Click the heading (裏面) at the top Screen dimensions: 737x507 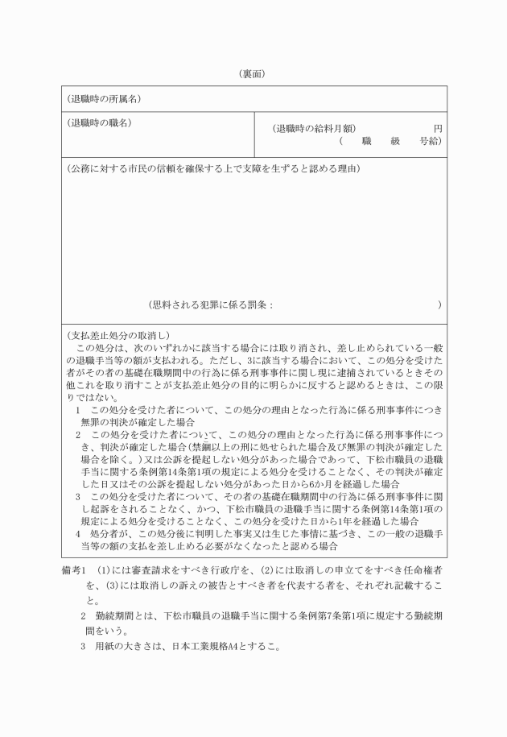[x=253, y=73]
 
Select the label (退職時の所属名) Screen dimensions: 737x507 [x=104, y=99]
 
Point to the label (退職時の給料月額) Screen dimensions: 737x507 [x=315, y=128]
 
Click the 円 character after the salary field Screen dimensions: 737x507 [x=438, y=128]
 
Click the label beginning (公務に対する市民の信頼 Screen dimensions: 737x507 [x=213, y=169]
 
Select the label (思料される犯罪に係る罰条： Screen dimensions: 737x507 [x=211, y=305]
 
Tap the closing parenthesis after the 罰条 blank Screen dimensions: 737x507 [x=439, y=305]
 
